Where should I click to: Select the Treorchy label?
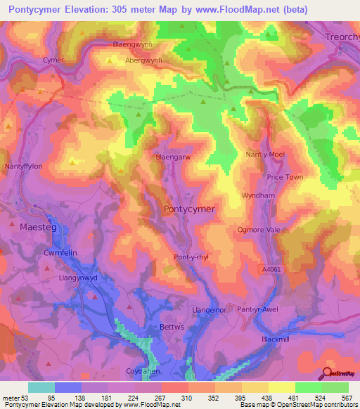pyautogui.click(x=342, y=35)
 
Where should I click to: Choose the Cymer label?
pyautogui.click(x=53, y=60)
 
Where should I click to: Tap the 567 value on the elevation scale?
pyautogui.click(x=345, y=397)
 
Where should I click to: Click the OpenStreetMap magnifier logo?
pyautogui.click(x=327, y=373)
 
